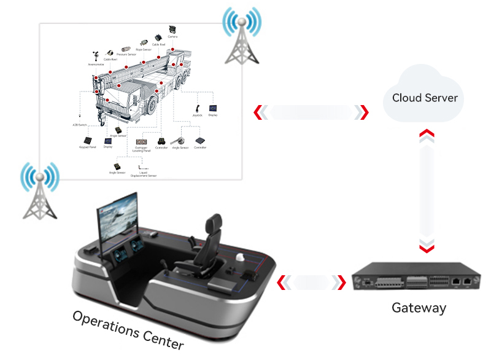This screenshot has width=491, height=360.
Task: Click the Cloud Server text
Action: tap(425, 98)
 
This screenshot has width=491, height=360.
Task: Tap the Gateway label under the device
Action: tap(419, 308)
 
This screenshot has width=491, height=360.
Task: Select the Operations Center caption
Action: tap(127, 330)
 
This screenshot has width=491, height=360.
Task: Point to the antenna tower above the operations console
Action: tap(39, 192)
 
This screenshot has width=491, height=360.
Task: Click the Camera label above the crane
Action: tap(172, 37)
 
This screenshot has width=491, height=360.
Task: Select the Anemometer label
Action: tap(96, 64)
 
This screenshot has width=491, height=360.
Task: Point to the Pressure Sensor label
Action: tap(126, 55)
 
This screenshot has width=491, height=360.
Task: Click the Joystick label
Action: tap(198, 115)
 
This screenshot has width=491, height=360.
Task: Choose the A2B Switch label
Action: tap(80, 125)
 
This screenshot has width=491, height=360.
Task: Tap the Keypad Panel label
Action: tap(89, 147)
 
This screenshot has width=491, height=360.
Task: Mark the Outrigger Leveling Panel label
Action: tap(142, 149)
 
